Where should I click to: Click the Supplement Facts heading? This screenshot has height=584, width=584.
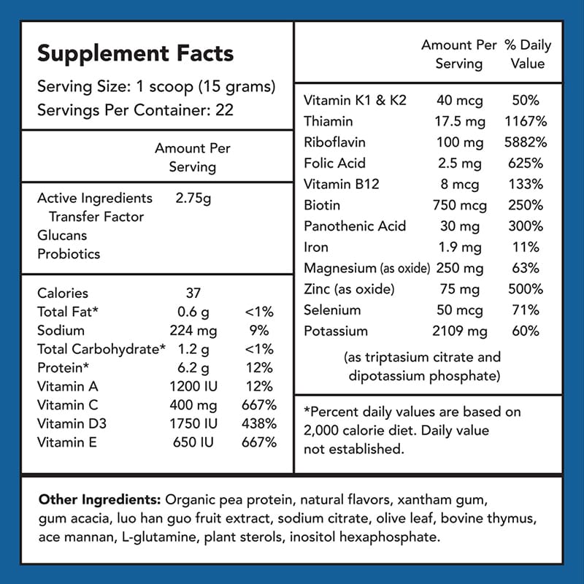136,53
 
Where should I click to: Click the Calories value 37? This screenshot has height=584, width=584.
193,293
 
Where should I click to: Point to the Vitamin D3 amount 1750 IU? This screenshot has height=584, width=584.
193,423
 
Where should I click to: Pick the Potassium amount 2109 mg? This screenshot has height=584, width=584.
459,331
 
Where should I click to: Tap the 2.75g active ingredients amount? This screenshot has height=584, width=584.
193,199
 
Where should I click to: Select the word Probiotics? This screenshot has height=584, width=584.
69,254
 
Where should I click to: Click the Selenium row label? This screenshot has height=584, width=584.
332,310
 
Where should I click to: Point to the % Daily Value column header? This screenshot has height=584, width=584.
528,54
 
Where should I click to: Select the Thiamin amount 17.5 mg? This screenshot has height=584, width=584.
458,121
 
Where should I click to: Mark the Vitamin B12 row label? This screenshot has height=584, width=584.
342,184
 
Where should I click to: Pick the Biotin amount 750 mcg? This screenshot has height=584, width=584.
459,205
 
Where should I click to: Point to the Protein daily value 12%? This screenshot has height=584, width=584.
260,368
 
